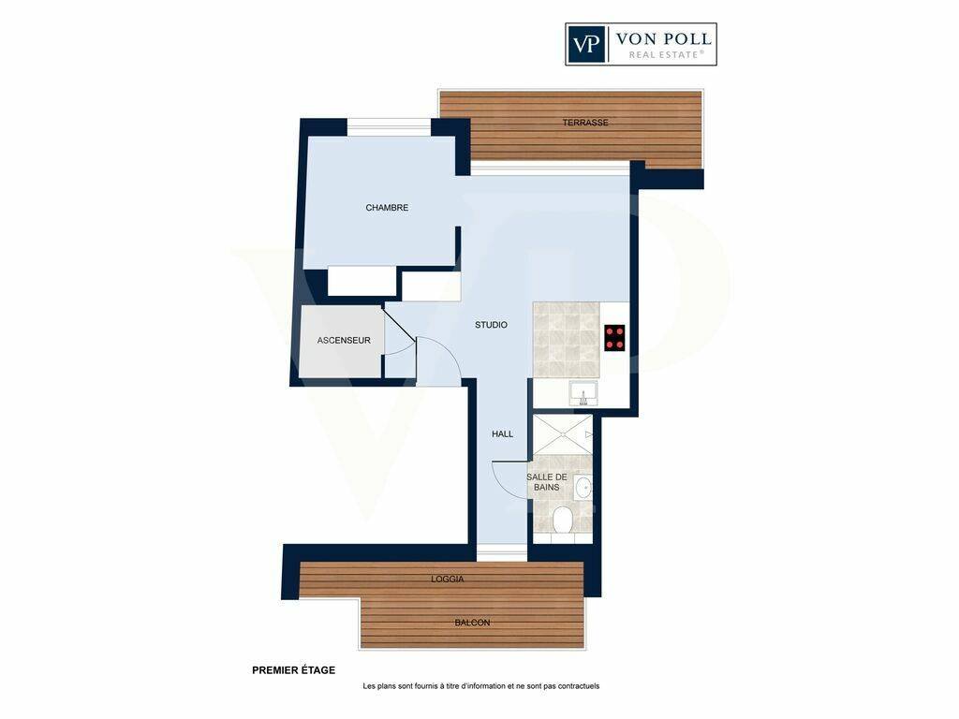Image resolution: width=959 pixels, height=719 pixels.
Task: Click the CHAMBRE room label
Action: coord(387,208)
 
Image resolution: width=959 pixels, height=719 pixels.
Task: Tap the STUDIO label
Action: coord(491,325)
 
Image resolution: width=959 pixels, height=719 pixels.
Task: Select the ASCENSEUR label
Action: coord(344,341)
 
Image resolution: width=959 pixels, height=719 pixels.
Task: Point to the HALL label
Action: coord(502,434)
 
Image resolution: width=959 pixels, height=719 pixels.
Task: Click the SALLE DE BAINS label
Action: coord(547,482)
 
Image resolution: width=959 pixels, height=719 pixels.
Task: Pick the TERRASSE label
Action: coord(585,123)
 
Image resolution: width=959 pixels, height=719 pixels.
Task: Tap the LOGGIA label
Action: coord(447,579)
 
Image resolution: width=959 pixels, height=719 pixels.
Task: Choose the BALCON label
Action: coord(472,623)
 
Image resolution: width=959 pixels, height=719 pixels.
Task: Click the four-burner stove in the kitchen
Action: coord(614,337)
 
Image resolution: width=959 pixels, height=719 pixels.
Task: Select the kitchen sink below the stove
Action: coord(583,394)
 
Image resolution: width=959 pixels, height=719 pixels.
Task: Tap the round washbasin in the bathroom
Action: coord(583,488)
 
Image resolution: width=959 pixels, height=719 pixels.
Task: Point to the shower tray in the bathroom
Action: coord(563,434)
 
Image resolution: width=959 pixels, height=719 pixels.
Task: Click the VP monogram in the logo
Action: coord(586,44)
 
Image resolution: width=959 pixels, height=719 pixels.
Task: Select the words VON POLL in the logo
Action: coord(663,39)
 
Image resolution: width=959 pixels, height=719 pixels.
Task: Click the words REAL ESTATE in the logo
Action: coord(666,55)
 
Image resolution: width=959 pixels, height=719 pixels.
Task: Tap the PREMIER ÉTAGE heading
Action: coord(293,670)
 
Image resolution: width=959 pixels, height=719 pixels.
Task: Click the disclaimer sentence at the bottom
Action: coord(480,686)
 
